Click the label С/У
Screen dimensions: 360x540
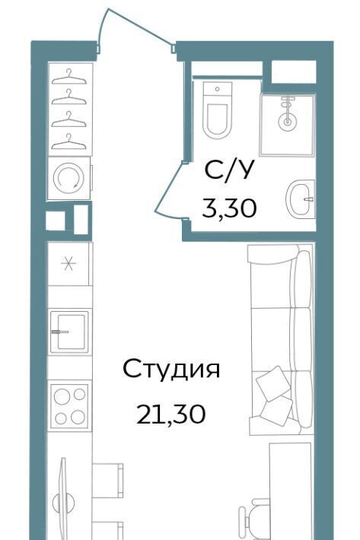pos(229,170)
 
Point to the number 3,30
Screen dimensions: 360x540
pos(229,208)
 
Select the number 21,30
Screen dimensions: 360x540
pos(171,414)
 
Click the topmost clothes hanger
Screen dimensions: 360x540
pos(68,77)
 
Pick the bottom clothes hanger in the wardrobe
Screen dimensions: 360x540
pos(68,142)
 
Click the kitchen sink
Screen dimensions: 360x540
pos(69,332)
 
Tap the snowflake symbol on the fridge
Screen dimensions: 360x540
pos(68,264)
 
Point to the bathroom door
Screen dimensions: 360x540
pos(169,189)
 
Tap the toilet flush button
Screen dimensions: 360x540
pos(218,89)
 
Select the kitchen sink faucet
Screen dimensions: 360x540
pos(60,332)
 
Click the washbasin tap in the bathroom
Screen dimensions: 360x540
pos(309,199)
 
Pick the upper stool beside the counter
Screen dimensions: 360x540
pos(108,481)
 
